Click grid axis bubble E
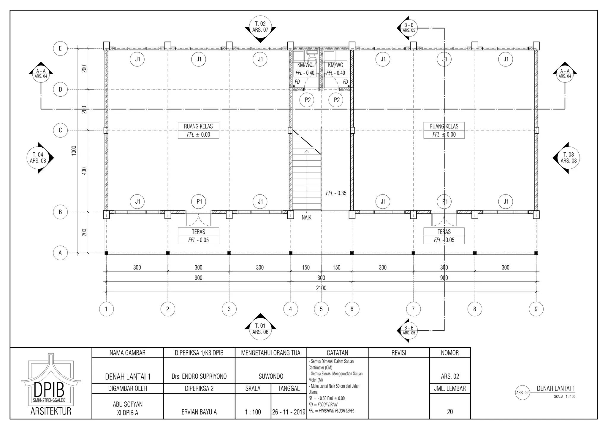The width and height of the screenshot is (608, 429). click(x=60, y=48)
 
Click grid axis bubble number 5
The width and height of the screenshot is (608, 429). click(x=321, y=309)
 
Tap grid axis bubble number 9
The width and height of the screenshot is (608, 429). click(x=536, y=309)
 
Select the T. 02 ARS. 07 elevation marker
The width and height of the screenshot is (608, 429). click(x=260, y=27)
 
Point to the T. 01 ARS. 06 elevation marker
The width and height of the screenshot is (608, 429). click(x=260, y=329)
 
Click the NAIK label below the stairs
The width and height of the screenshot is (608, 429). click(x=306, y=218)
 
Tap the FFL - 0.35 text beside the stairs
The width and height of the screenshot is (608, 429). click(x=336, y=193)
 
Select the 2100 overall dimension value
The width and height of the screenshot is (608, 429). click(x=321, y=288)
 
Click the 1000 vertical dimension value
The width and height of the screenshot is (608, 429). click(x=74, y=150)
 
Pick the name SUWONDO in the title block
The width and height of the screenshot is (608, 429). click(x=271, y=377)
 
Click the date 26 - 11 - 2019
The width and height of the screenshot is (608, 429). click(x=289, y=412)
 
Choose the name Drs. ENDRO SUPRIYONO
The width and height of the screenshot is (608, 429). click(x=199, y=377)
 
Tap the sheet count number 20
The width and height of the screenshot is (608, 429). click(x=450, y=412)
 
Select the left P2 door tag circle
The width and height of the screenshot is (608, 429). click(x=308, y=100)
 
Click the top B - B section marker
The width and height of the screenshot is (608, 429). click(x=408, y=28)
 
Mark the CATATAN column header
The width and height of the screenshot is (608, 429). click(x=337, y=353)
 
